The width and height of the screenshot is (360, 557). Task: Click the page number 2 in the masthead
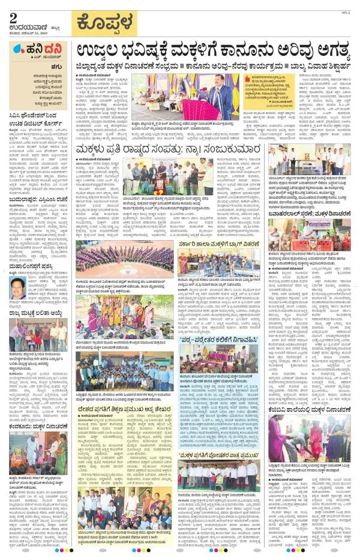coord(13,17)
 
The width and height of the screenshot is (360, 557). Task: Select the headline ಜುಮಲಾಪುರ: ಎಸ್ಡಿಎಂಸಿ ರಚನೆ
coord(36,211)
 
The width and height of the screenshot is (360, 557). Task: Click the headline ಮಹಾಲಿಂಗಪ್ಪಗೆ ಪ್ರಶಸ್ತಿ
coord(31,271)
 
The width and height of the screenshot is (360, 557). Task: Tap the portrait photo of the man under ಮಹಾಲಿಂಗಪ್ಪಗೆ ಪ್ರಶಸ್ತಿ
coord(19,292)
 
